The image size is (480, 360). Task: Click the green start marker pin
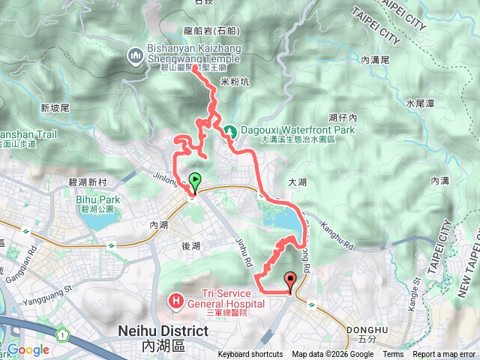pyautogui.click(x=195, y=181)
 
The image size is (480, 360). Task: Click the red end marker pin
pyautogui.click(x=290, y=281)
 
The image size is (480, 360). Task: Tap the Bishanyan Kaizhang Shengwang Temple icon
pyautogui.click(x=136, y=55)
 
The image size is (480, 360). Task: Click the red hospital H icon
pyautogui.click(x=176, y=302)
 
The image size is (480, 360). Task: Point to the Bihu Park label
pyautogui.click(x=97, y=199)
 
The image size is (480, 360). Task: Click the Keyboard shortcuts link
pyautogui.click(x=250, y=355)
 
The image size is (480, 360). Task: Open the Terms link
pyautogui.click(x=392, y=355)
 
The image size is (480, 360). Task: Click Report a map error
pyautogui.click(x=444, y=355)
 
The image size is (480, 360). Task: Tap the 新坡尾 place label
pyautogui.click(x=55, y=107)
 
